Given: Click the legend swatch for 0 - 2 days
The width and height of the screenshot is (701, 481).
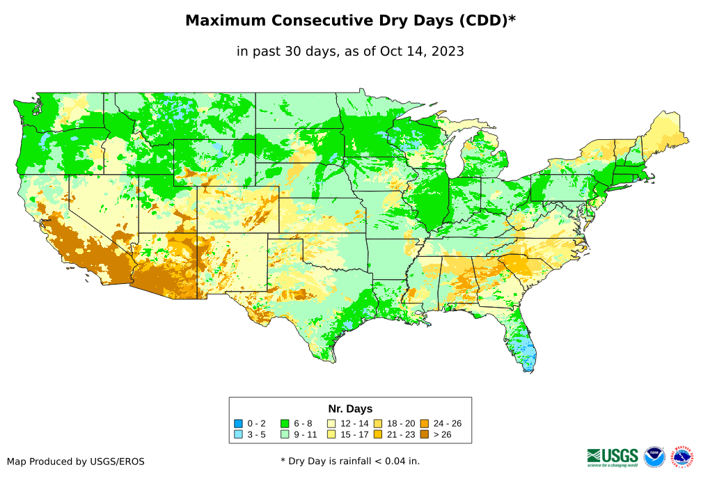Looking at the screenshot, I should click(x=238, y=423).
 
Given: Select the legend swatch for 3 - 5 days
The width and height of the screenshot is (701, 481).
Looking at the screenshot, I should click(x=238, y=434).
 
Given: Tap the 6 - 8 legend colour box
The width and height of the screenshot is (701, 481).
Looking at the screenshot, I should click(x=285, y=423).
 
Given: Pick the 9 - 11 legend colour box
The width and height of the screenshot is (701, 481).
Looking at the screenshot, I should click(x=285, y=434).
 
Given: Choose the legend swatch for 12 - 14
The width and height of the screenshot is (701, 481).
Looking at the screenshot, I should click(x=331, y=423).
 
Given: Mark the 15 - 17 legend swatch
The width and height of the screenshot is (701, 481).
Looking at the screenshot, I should click(x=331, y=434).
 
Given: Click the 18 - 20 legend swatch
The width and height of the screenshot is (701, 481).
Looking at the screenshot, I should click(x=378, y=423).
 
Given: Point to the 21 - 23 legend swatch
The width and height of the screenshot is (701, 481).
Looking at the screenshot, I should click(x=378, y=434).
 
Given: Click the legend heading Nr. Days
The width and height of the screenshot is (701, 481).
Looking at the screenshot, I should click(x=350, y=409).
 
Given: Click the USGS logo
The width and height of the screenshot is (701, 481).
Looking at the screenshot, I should click(x=613, y=457).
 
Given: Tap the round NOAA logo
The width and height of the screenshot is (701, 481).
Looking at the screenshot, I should click(x=654, y=457).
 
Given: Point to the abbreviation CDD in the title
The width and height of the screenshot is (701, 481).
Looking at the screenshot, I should click(x=482, y=21).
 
